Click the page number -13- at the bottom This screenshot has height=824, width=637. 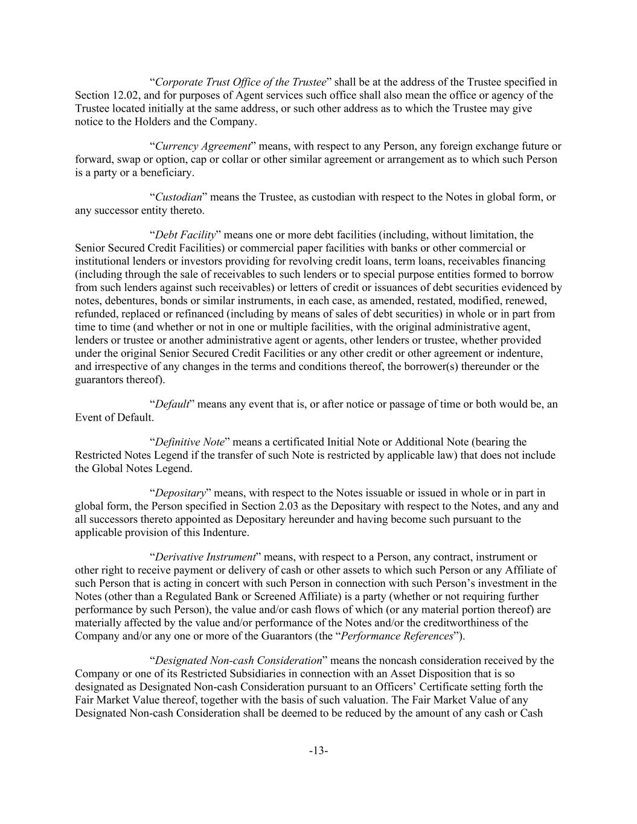pos(318,751)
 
